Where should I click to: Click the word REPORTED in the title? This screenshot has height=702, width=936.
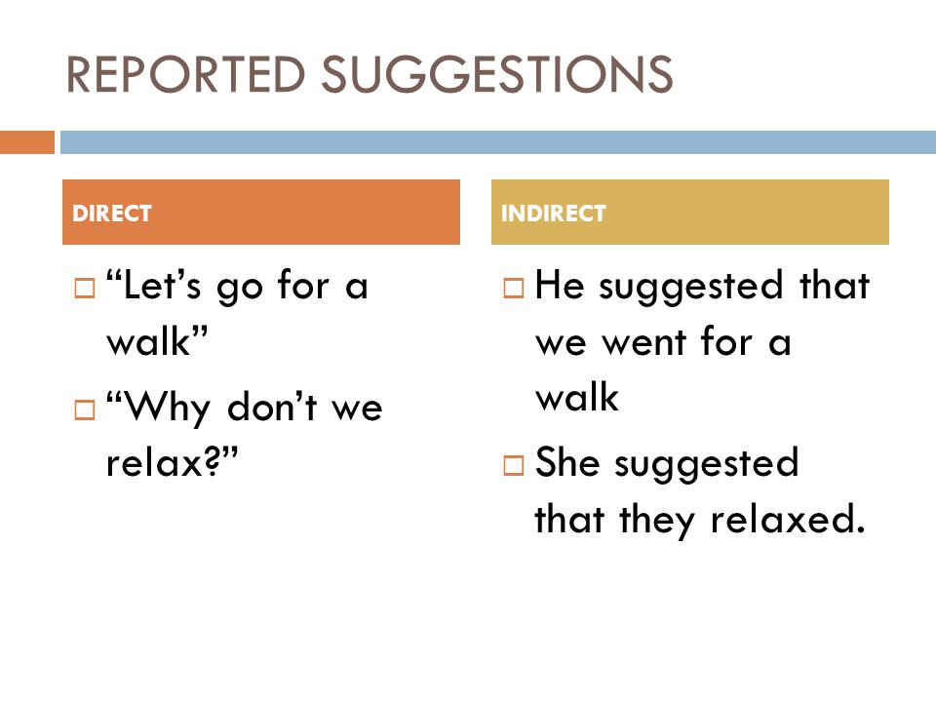click(185, 74)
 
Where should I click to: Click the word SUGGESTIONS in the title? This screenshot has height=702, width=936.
click(497, 74)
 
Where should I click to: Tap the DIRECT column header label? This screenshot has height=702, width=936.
click(111, 214)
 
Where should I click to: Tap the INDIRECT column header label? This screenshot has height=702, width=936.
click(554, 214)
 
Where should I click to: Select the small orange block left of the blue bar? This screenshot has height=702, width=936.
click(27, 142)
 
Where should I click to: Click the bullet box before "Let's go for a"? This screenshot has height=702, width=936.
click(85, 288)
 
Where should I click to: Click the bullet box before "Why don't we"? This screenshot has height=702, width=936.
click(85, 409)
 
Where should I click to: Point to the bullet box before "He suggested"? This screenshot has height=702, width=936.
click(514, 288)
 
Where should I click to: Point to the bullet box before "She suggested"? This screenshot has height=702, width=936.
click(514, 464)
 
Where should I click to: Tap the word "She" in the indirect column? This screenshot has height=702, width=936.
click(567, 461)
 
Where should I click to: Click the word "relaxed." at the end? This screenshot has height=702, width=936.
click(788, 518)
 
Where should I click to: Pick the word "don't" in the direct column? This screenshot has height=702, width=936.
click(272, 406)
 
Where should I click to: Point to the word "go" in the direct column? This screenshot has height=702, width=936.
click(240, 289)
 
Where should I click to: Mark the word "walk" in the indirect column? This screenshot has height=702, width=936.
click(577, 397)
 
